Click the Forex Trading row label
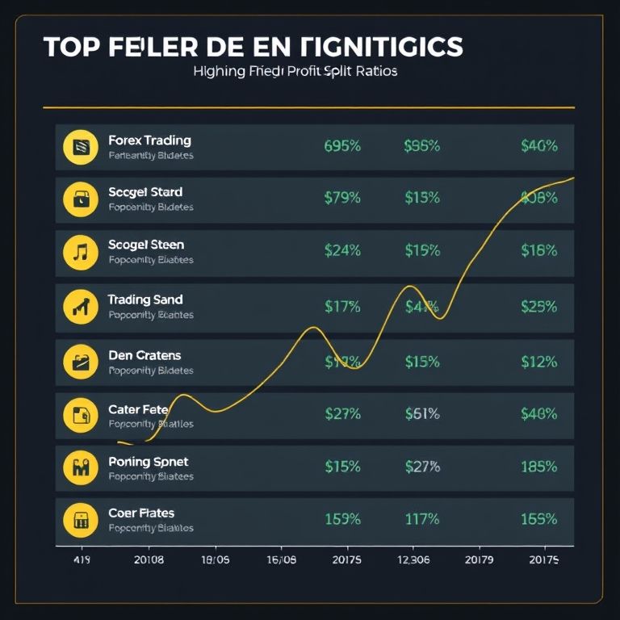tap(149, 140)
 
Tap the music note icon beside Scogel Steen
tap(80, 252)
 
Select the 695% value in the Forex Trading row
tap(341, 146)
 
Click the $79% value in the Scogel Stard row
tap(341, 198)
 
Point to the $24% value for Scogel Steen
tap(341, 250)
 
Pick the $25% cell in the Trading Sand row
tap(538, 306)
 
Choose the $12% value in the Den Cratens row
tap(538, 362)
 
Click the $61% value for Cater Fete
tap(421, 413)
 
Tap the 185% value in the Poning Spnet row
tap(538, 467)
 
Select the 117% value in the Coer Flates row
tap(421, 519)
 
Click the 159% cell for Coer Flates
tap(341, 519)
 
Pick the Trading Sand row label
tap(145, 300)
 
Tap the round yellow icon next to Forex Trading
tap(80, 147)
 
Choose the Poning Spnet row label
tap(148, 462)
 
